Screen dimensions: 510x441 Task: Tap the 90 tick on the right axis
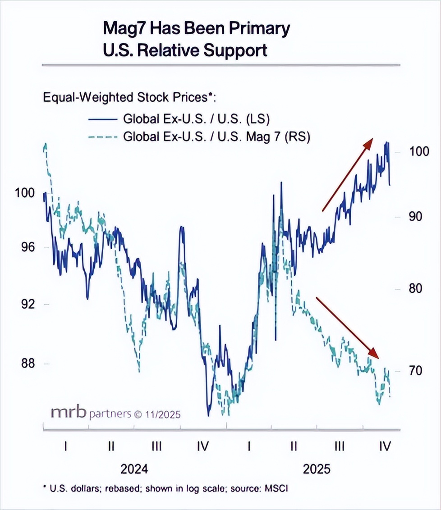tap(414, 216)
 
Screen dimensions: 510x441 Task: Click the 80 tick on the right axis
tap(414, 288)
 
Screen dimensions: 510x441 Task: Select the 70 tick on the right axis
tap(414, 370)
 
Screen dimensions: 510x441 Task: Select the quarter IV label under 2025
tap(385, 446)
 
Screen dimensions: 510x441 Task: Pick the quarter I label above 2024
tap(66, 446)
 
